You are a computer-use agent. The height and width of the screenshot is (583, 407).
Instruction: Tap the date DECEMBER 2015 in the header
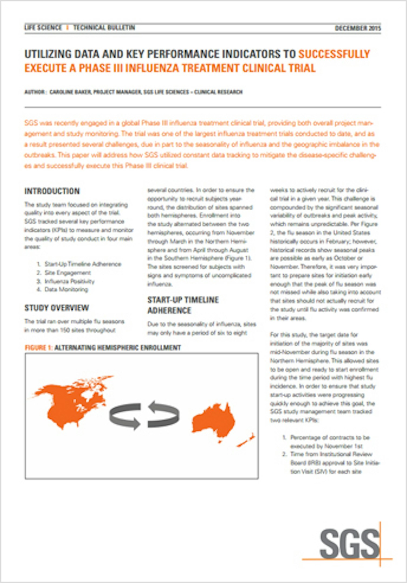pyautogui.click(x=357, y=28)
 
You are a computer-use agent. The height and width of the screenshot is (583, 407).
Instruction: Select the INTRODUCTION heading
pyautogui.click(x=52, y=191)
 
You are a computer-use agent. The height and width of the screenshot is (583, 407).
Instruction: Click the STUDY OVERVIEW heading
pyautogui.click(x=57, y=308)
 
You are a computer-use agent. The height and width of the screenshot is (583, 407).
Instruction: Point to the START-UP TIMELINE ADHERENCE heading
pyautogui.click(x=183, y=305)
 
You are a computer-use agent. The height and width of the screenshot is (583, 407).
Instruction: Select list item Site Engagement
pyautogui.click(x=67, y=273)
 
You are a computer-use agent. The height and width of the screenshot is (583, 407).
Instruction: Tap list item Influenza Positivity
pyautogui.click(x=69, y=281)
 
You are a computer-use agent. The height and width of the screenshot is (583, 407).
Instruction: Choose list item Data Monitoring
pyautogui.click(x=66, y=290)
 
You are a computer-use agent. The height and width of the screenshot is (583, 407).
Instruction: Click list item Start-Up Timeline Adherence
pyautogui.click(x=83, y=264)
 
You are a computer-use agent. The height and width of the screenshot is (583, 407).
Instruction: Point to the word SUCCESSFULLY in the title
pyautogui.click(x=334, y=54)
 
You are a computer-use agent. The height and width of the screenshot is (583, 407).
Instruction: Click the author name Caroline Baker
pyautogui.click(x=70, y=92)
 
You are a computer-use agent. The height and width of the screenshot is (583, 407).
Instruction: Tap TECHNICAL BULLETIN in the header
pyautogui.click(x=104, y=28)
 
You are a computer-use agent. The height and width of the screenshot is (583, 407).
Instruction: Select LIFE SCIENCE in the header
pyautogui.click(x=43, y=28)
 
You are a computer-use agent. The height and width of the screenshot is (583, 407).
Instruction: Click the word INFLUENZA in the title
pyautogui.click(x=151, y=68)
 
